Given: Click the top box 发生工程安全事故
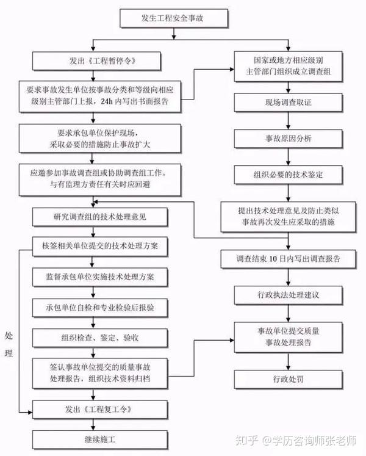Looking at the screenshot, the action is tap(174, 18).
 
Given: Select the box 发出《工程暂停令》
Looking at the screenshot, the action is tap(96, 61).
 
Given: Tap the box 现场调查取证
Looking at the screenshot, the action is tap(288, 103).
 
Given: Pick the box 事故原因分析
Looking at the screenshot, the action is tap(288, 139).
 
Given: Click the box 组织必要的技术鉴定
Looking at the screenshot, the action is tap(288, 175).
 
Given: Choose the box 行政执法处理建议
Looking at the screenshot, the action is tap(288, 295).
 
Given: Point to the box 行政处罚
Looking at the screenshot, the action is tap(288, 380).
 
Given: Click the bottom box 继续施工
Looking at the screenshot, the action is tap(100, 440).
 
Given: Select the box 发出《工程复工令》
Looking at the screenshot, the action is tap(100, 410).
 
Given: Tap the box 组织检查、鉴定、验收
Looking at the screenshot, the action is tap(100, 338).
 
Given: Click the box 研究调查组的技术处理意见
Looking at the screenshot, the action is tap(100, 217).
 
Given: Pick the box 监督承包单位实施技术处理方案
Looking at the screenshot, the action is tap(100, 277).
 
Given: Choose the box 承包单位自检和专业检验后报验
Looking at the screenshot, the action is tap(100, 308).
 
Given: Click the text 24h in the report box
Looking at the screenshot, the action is tap(106, 101).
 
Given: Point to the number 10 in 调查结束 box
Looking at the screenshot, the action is tap(273, 259).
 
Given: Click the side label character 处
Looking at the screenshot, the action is tap(9, 336).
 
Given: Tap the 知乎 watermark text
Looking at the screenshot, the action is tap(247, 440).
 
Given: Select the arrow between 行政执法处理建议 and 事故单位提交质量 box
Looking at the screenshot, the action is tap(288, 313).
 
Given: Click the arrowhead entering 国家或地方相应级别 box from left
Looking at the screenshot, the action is tap(232, 69).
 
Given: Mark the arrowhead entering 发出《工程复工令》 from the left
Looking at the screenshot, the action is tap(30, 412).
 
